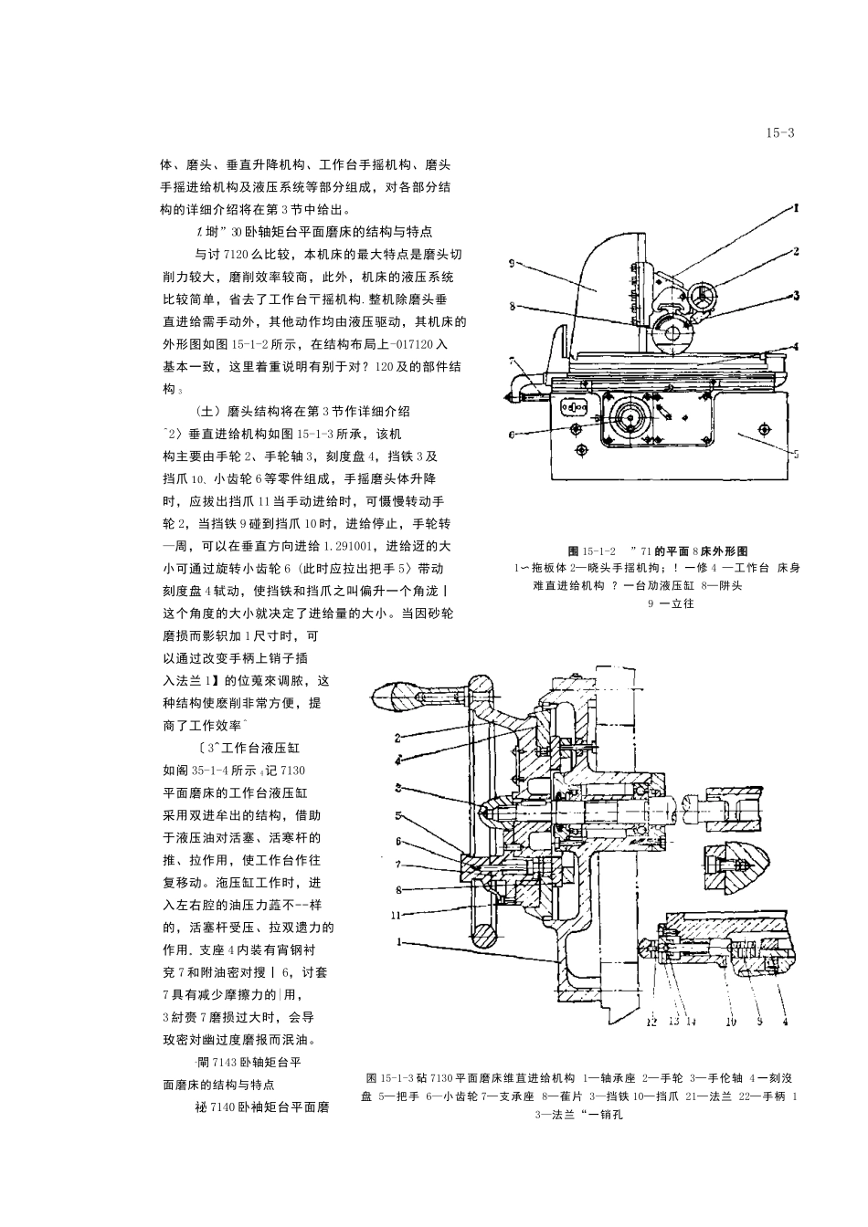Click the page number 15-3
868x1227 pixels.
pos(780,133)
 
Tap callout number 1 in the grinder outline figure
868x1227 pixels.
pos(796,208)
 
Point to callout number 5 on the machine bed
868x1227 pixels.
pos(796,453)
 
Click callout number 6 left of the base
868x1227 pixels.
pos(513,435)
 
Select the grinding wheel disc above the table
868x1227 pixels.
pos(674,335)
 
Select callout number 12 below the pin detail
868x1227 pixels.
pos(651,1022)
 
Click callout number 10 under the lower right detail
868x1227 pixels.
pos(730,1022)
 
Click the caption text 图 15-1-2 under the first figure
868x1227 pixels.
pos(591,551)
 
